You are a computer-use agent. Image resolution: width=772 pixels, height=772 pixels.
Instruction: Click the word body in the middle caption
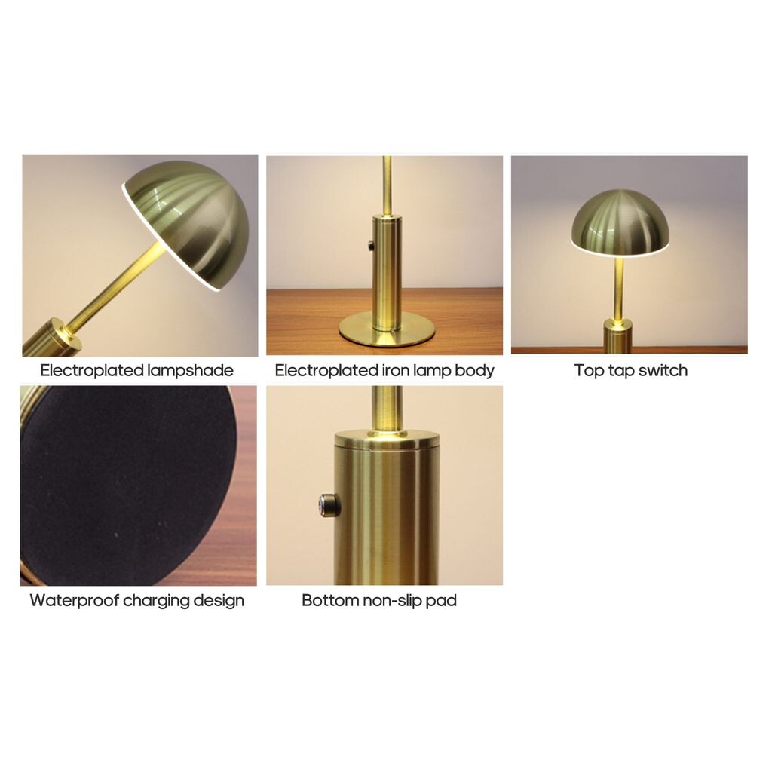point(475,371)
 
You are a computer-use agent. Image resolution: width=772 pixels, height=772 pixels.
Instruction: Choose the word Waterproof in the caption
point(75,601)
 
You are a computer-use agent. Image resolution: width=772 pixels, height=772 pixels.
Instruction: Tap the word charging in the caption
point(156,601)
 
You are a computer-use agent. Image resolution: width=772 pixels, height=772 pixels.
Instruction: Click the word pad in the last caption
point(441,601)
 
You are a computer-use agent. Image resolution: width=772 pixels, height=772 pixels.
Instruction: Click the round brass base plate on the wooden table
point(387,329)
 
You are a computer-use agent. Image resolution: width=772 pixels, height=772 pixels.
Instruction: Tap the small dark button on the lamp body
point(371,245)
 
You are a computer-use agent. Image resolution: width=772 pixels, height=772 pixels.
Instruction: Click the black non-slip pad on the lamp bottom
point(128,485)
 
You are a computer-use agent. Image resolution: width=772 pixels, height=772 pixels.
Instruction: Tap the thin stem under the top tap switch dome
point(619,289)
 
